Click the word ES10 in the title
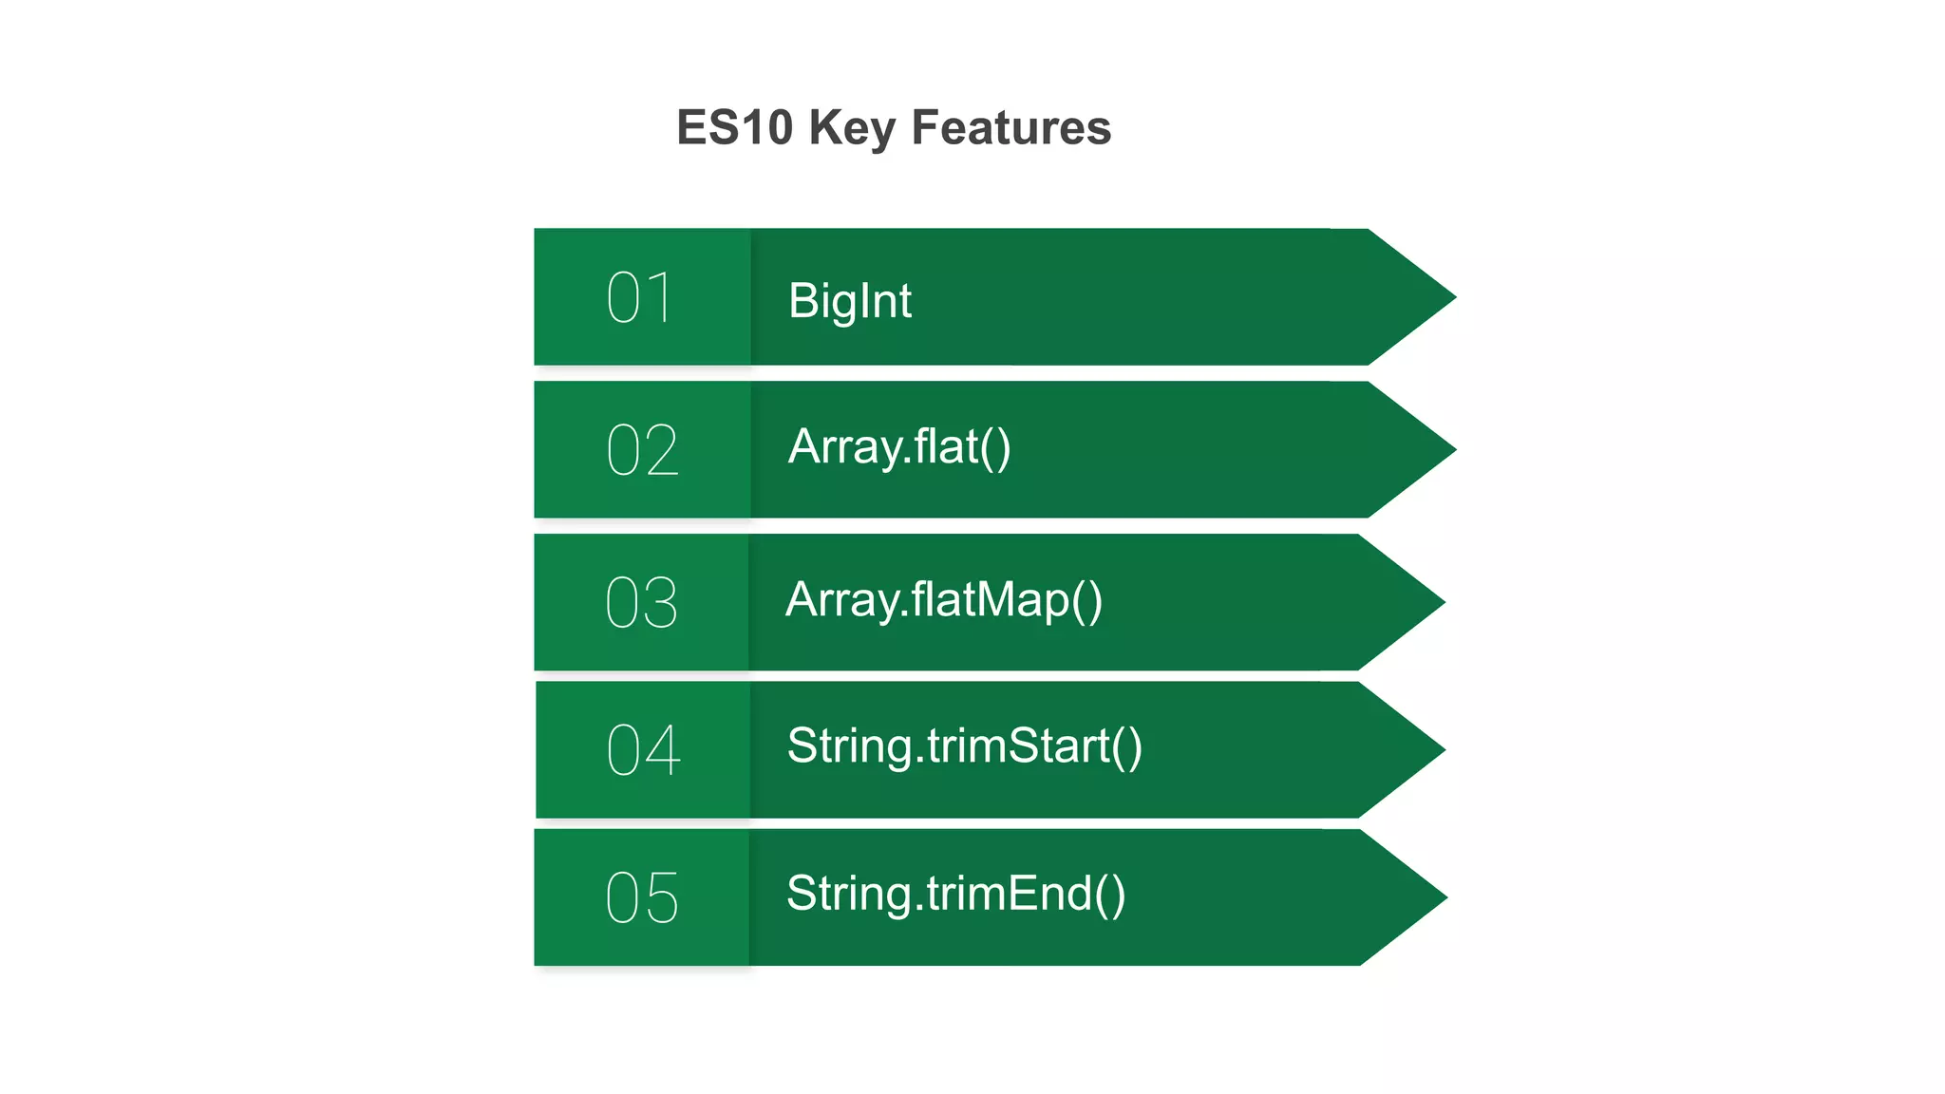[x=734, y=128]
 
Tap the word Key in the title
[x=852, y=128]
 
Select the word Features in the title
[x=1010, y=128]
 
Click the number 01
[x=640, y=297]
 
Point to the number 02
[x=642, y=450]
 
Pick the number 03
[x=642, y=603]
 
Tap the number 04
[x=643, y=750]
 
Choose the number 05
[x=642, y=897]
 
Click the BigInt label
[x=849, y=301]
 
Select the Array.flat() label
[x=899, y=447]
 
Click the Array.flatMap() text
[x=944, y=600]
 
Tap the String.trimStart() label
[x=964, y=746]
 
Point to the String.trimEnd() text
[x=955, y=895]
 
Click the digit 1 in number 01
[x=662, y=297]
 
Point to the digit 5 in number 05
[x=662, y=897]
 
